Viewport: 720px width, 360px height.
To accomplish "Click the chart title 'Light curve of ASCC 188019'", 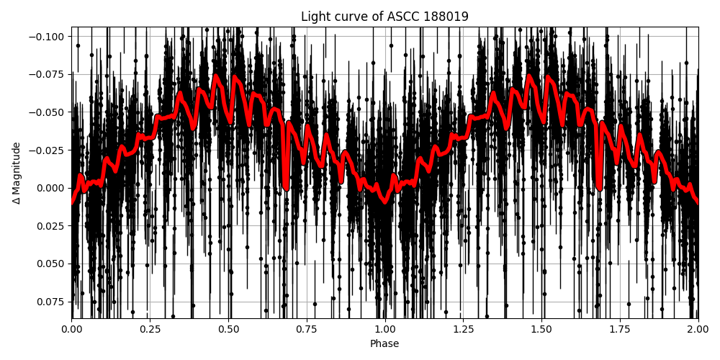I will (x=384, y=17).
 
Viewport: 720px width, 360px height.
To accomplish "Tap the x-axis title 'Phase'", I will (x=384, y=344).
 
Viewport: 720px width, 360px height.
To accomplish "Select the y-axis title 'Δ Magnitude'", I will (x=17, y=173).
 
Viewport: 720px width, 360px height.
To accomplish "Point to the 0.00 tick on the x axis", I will (x=72, y=328).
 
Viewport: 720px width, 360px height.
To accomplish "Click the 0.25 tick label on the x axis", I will (x=150, y=328).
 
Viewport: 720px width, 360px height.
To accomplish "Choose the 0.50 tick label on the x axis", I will (x=228, y=328).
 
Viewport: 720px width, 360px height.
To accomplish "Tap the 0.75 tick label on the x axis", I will (x=307, y=328).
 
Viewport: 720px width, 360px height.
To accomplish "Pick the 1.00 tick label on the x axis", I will (x=385, y=328).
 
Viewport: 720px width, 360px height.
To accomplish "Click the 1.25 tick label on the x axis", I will (x=464, y=328).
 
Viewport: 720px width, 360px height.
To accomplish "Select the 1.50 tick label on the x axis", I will (x=541, y=328).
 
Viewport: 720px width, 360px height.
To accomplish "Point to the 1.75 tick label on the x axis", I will (x=620, y=328).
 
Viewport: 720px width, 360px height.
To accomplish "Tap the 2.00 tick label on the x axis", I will (x=698, y=328).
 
